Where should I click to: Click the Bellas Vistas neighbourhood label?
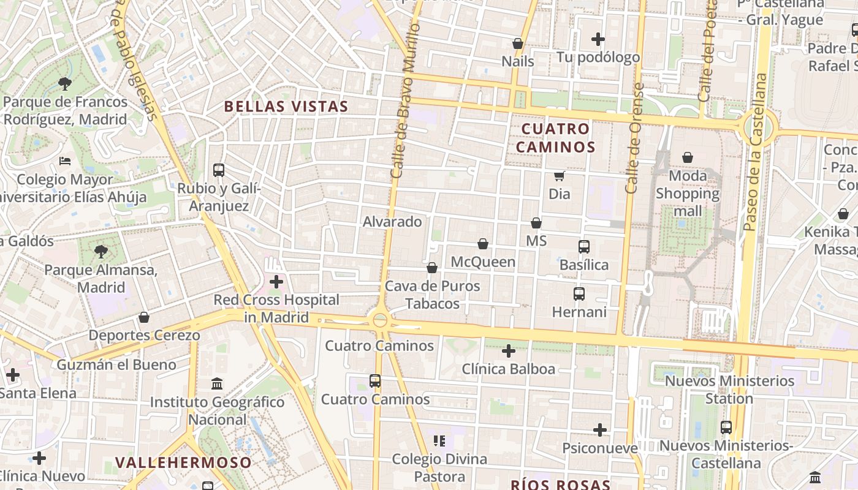click(x=286, y=106)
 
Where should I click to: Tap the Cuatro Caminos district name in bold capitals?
click(x=555, y=138)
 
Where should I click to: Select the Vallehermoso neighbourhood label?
click(x=183, y=462)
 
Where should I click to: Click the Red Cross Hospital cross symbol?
click(x=276, y=282)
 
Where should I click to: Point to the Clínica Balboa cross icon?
click(x=508, y=351)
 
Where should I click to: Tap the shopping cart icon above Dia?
click(x=559, y=176)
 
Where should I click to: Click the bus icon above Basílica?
click(x=583, y=247)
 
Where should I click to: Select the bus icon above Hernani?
click(x=579, y=294)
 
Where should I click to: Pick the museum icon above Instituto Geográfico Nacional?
click(x=217, y=384)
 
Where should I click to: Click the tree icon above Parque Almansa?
click(x=101, y=251)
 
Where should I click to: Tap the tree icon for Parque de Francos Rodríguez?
click(x=65, y=83)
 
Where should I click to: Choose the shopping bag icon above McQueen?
click(x=483, y=244)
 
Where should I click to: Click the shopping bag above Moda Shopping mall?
click(x=688, y=157)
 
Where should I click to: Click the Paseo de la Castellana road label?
click(x=754, y=153)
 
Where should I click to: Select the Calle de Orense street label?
click(x=634, y=138)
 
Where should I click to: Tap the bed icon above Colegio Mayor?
click(x=65, y=161)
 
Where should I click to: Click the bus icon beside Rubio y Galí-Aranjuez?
click(x=219, y=170)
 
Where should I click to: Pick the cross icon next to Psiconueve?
click(x=600, y=430)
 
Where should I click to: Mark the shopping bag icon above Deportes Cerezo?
click(x=144, y=317)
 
